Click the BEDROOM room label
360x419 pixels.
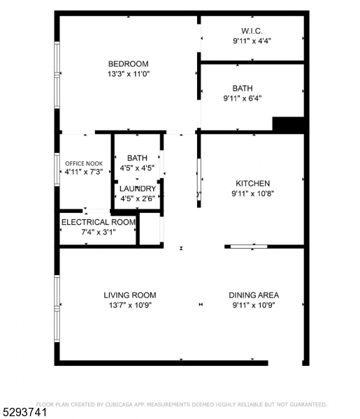[128, 64]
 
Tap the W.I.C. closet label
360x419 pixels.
[252, 31]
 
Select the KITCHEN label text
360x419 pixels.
[252, 183]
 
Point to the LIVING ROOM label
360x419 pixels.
[129, 295]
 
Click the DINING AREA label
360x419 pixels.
[253, 295]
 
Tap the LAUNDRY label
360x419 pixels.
[137, 189]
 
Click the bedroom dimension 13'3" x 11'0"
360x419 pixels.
[129, 73]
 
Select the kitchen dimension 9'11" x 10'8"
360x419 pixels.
[252, 193]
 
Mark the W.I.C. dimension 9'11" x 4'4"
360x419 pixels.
[252, 41]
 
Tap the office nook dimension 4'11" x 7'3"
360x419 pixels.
[84, 171]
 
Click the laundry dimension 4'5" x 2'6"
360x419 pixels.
[137, 198]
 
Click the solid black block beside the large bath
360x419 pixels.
[289, 124]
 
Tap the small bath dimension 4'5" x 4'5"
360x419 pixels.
[137, 168]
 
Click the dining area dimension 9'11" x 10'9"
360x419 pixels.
[253, 304]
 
